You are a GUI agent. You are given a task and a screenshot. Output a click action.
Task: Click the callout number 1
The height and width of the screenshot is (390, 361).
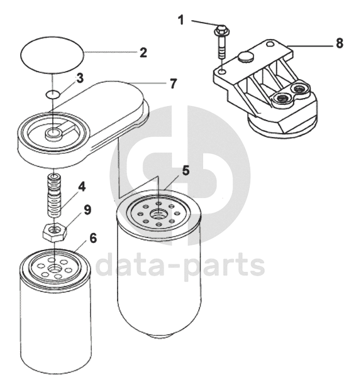181,20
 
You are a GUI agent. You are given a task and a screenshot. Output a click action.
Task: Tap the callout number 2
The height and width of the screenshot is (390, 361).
143,53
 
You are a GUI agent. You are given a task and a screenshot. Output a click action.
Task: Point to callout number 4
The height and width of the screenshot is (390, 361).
82,187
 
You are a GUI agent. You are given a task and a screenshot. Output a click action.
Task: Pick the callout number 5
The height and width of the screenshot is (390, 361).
186,170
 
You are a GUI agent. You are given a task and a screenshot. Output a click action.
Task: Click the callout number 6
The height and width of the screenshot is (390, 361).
92,238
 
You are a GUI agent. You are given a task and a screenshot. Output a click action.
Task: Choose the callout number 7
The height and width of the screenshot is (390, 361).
173,84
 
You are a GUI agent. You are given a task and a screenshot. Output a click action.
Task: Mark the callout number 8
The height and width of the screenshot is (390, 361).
340,43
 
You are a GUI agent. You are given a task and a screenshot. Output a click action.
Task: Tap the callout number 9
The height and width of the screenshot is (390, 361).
87,210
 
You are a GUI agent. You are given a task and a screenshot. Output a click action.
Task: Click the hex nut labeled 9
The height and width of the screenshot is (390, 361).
54,233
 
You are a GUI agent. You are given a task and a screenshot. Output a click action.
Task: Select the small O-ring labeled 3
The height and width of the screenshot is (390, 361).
53,94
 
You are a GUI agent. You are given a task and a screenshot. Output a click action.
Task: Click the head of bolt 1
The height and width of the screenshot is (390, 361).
220,30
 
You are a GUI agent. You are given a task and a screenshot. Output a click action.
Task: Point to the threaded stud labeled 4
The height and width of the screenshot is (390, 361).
55,195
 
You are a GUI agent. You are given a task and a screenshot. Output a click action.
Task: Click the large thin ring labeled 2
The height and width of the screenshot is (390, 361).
52,56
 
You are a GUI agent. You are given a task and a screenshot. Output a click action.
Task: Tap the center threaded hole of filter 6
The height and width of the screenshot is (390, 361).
54,269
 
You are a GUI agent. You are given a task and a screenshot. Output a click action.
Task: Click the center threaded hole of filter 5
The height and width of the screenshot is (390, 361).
158,214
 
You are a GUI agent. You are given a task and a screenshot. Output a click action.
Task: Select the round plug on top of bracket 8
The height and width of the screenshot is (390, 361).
245,57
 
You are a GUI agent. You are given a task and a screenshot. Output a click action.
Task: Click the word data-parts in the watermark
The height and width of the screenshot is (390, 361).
180,265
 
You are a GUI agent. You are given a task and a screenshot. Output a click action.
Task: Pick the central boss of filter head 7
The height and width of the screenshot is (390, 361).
53,133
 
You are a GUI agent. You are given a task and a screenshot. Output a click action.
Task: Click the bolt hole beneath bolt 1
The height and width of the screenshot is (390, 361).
223,72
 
